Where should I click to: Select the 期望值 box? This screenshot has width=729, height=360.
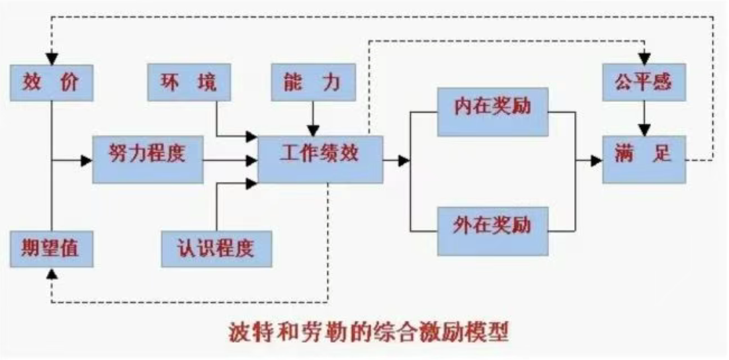(x=51, y=248)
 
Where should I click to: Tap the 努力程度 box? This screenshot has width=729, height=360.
(x=147, y=159)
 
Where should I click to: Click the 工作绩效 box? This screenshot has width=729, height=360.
(x=320, y=159)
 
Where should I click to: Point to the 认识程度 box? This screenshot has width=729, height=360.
(x=216, y=248)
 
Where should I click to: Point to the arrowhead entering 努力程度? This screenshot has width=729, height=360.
(x=87, y=159)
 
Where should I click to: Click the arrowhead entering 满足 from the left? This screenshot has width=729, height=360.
(x=596, y=159)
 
